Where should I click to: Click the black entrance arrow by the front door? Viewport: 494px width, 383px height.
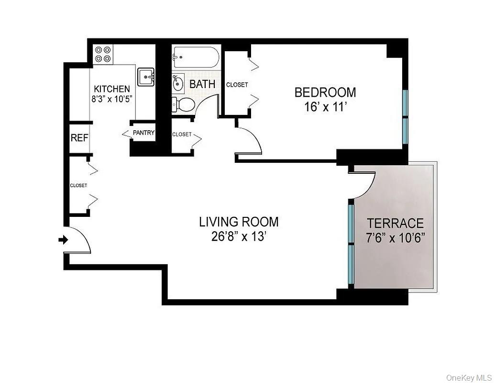point(63,240)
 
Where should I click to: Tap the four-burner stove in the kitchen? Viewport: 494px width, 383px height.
point(103,54)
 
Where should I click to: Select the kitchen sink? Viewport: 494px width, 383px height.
point(146,77)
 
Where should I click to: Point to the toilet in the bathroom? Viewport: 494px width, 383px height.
point(183,103)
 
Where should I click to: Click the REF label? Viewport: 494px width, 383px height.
point(79,138)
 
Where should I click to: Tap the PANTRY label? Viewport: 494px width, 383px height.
point(143,133)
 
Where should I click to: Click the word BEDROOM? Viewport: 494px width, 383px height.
point(325,92)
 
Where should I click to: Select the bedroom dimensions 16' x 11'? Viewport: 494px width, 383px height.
point(325,107)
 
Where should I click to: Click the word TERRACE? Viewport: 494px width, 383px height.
point(395,223)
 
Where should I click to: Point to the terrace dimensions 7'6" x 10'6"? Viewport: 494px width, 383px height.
point(395,238)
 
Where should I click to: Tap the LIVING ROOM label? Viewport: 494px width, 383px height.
point(239,222)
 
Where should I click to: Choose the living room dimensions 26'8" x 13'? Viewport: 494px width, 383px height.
point(239,237)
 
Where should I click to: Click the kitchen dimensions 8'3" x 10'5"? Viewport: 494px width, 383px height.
point(111,100)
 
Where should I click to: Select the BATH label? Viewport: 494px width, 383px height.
point(202,84)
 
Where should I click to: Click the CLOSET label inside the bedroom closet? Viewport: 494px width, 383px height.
point(237,85)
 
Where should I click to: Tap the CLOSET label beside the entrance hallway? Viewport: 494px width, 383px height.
point(78,185)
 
